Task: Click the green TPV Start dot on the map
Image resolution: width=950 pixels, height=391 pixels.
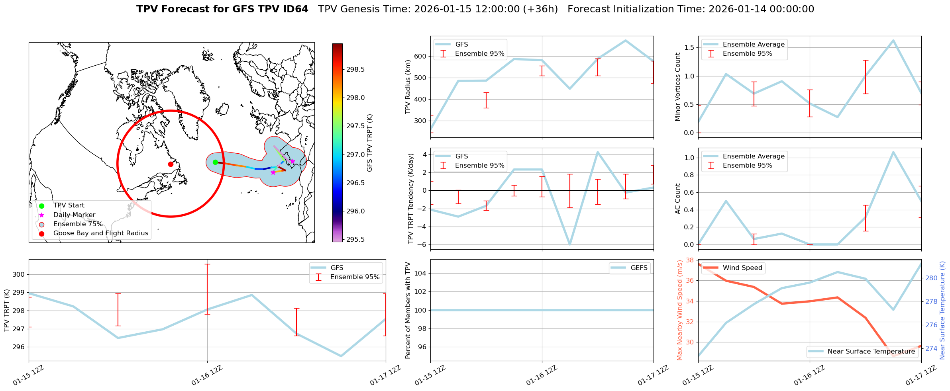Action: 215,162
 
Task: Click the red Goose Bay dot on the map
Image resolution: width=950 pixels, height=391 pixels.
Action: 171,164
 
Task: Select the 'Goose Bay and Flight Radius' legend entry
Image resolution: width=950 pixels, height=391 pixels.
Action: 100,233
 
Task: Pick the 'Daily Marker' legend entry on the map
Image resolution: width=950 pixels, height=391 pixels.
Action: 74,215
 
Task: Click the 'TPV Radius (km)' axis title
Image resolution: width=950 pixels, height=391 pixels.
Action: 408,87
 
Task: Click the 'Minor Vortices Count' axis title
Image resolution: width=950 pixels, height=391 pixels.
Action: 677,87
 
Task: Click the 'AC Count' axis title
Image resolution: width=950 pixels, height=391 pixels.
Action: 677,199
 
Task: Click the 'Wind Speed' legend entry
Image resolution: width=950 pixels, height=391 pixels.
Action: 742,268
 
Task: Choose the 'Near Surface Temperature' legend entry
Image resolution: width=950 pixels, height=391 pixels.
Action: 871,352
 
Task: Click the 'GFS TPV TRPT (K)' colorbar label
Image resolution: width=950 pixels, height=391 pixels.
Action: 369,143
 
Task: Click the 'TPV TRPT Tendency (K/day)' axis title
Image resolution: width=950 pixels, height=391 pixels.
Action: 411,199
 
